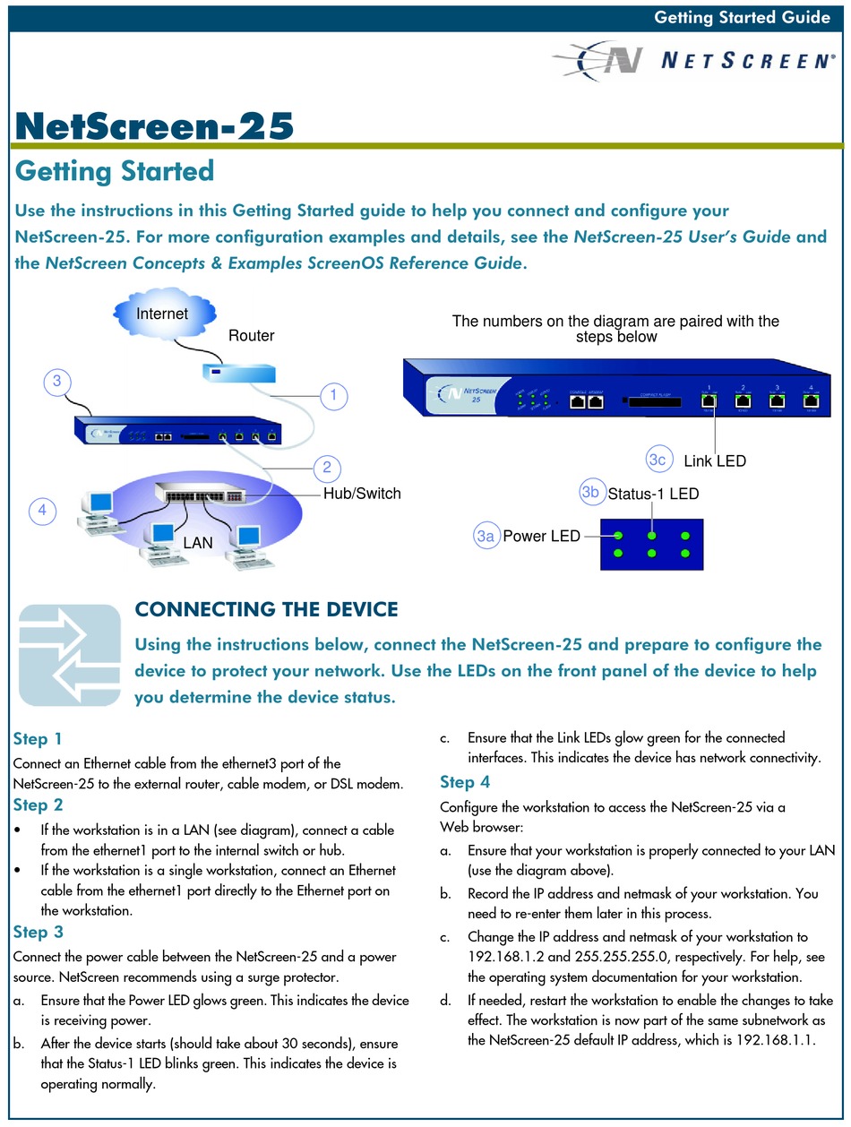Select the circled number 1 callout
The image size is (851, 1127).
pos(333,394)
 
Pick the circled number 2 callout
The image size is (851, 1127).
pos(327,466)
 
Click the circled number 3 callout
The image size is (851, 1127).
pos(56,382)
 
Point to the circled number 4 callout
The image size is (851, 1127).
pos(41,512)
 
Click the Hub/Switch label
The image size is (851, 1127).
pos(362,494)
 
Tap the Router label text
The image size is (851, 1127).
pos(251,336)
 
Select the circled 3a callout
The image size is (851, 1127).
pos(486,537)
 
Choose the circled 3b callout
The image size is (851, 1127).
pos(589,492)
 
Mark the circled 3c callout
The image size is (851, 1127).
pos(658,460)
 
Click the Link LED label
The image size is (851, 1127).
pos(714,461)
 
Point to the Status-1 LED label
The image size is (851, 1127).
pos(653,494)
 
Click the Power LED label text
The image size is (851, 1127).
pos(540,537)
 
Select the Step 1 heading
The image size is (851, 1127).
pos(38,739)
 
